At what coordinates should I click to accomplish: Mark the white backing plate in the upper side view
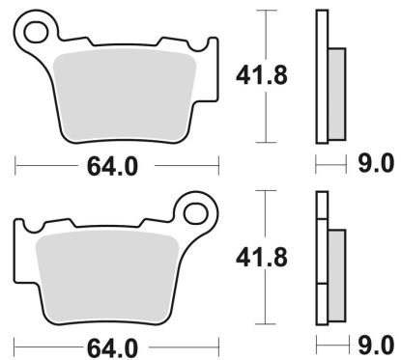pyautogui.click(x=322, y=77)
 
